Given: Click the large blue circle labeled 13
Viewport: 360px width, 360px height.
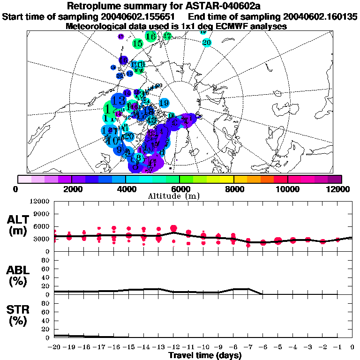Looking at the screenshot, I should coord(119,100).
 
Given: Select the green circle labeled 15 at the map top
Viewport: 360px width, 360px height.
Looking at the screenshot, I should coord(137,44).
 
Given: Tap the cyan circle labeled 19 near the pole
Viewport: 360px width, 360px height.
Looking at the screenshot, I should coord(164,103).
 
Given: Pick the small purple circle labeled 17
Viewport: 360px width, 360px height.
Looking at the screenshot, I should coord(121,37).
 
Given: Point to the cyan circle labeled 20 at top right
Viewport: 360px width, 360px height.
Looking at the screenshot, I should coord(206,42).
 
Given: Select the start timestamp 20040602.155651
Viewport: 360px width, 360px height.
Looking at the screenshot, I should coord(141,16).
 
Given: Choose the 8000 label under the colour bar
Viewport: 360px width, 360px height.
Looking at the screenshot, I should coord(233,189).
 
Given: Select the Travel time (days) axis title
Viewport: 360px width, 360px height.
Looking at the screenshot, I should coord(205,356).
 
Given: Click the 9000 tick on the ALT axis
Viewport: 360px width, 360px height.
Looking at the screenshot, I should coord(41,214).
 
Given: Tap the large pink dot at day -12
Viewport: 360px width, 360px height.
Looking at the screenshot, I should coord(173,229).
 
